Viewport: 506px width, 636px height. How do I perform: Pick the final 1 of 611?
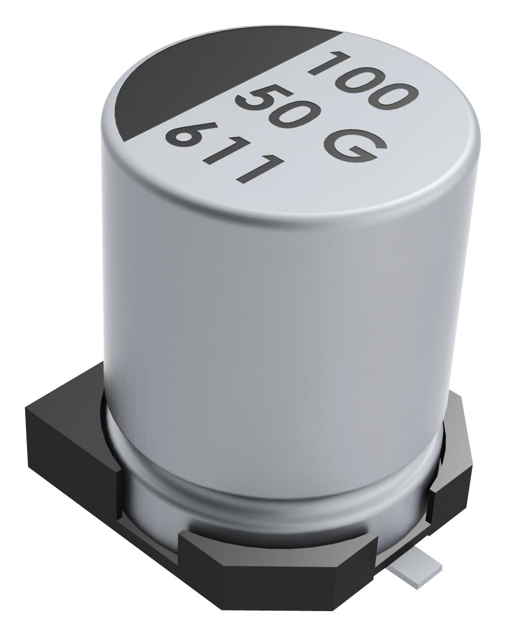pos(257,170)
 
